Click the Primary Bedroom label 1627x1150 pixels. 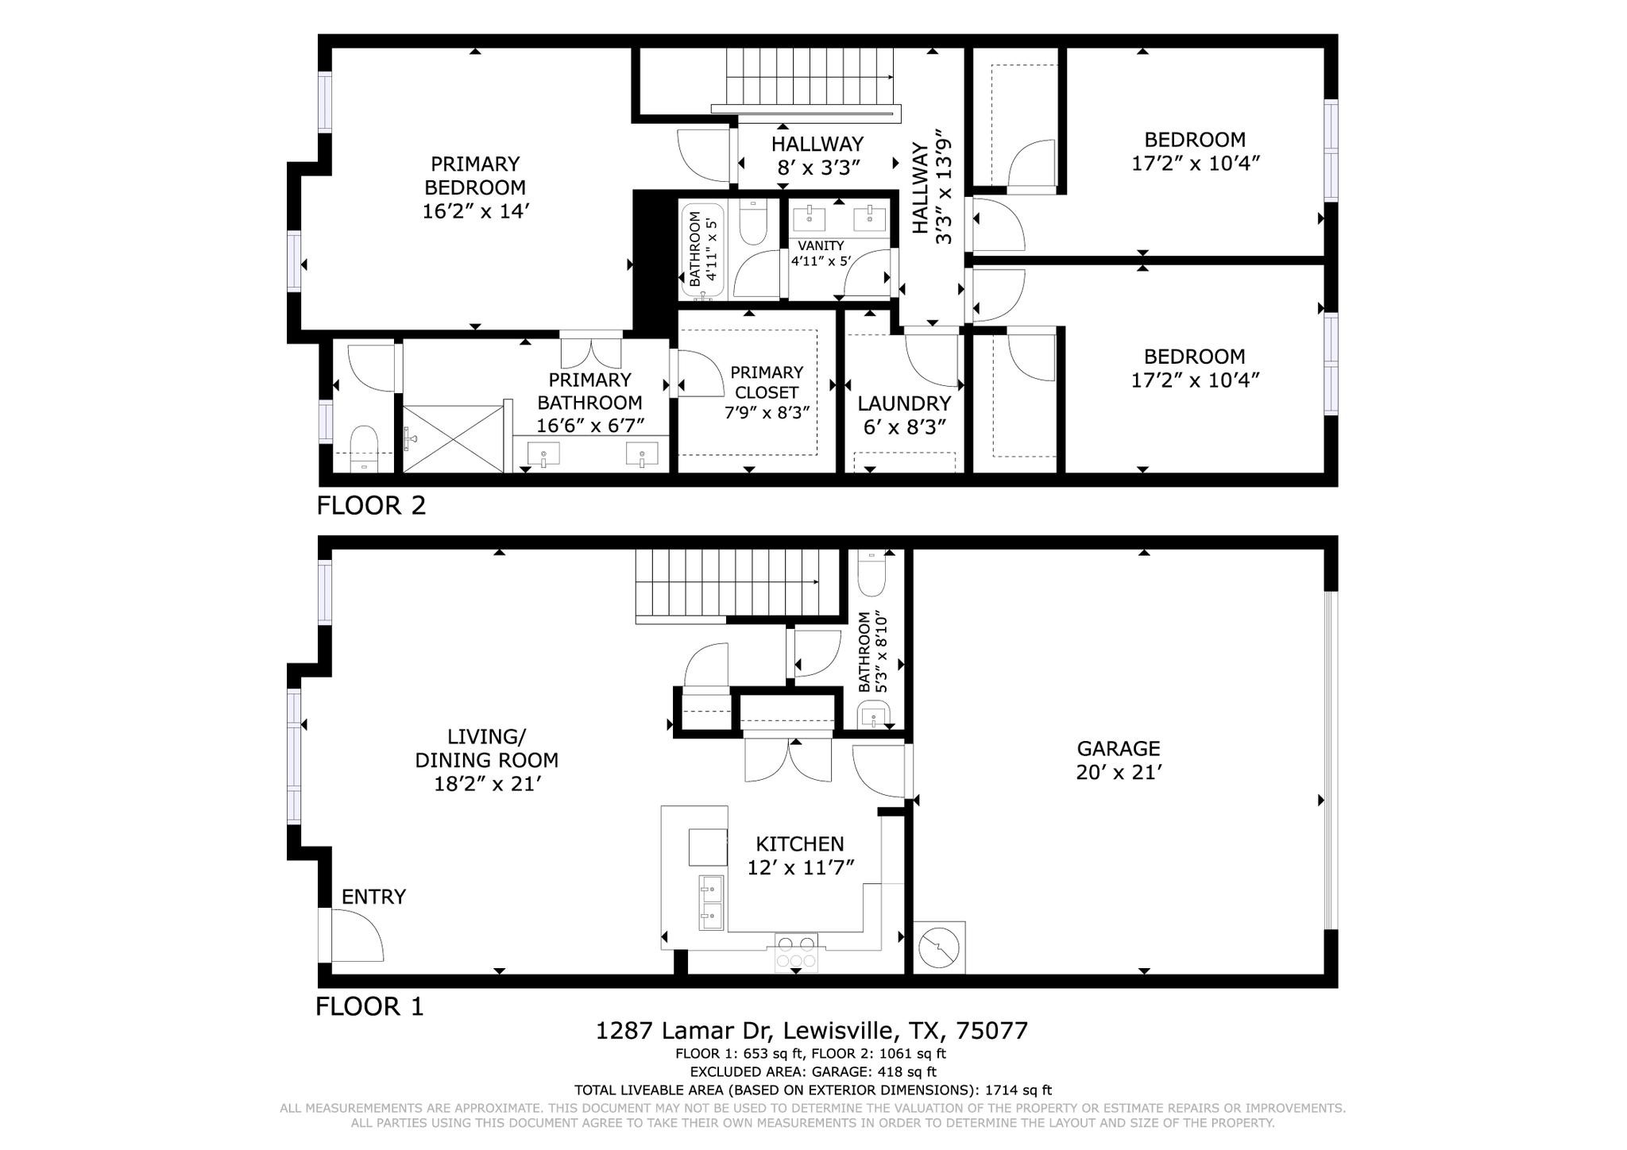coord(475,187)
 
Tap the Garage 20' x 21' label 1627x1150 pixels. coord(1119,760)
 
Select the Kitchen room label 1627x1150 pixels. coord(799,855)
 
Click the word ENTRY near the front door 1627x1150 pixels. coord(373,897)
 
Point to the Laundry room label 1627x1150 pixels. coord(904,415)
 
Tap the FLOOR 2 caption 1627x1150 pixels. coord(371,505)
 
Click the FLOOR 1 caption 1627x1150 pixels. coord(369,1007)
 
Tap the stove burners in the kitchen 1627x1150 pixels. coord(796,952)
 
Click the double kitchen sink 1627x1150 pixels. coord(711,902)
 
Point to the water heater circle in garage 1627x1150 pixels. coord(939,947)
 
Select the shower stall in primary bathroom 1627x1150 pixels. coord(454,438)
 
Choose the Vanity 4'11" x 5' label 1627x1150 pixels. coord(821,253)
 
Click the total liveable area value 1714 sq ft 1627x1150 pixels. coord(1018,1090)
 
